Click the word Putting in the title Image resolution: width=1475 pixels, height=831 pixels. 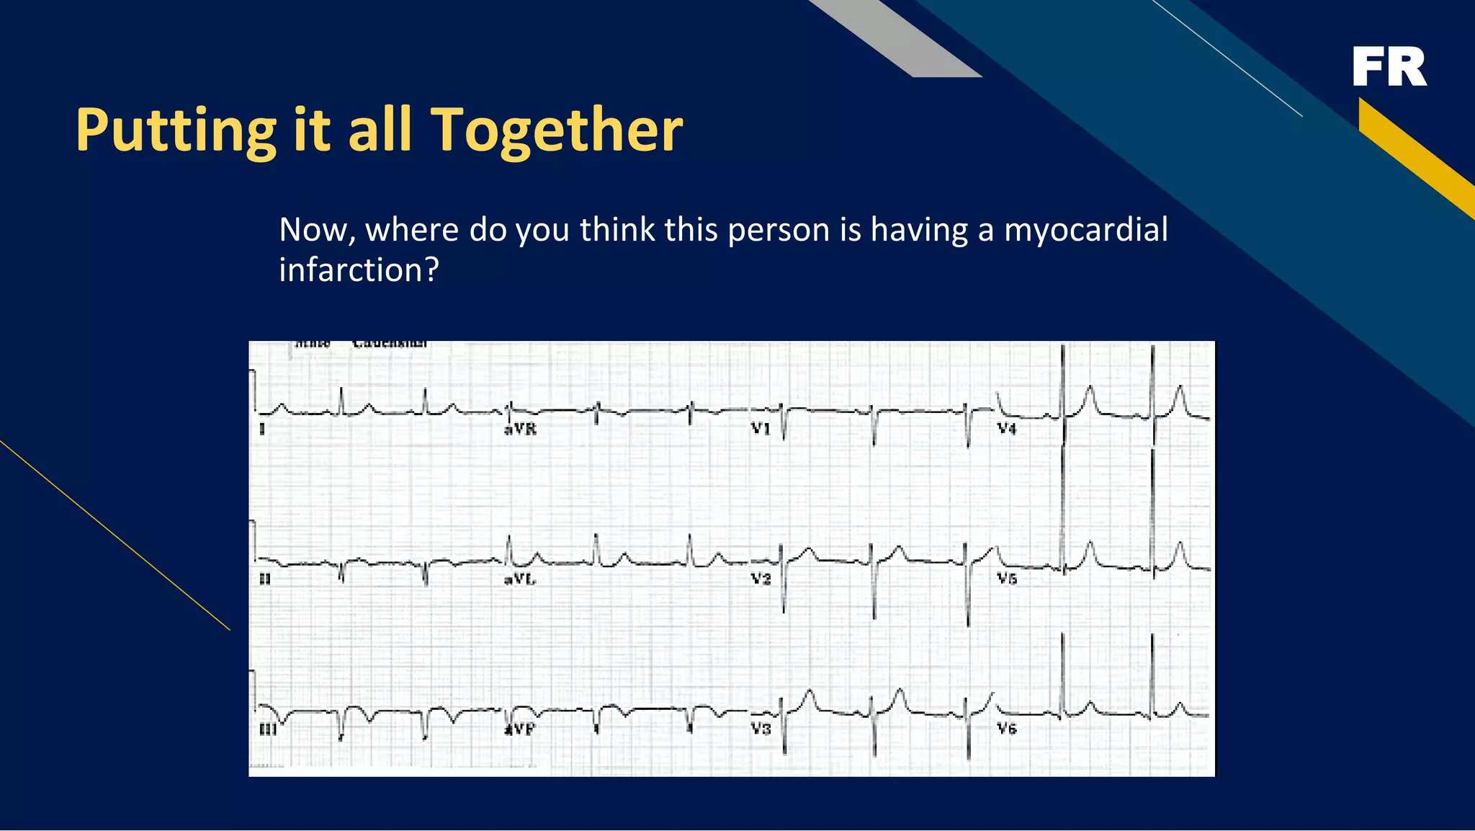(176, 130)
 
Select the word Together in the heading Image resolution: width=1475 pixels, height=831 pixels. (556, 130)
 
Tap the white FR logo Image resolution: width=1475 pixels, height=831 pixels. (1389, 67)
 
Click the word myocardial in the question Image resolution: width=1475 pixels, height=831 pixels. (1085, 230)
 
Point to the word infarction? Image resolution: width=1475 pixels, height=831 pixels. (359, 270)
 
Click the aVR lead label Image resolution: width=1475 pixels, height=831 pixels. (520, 429)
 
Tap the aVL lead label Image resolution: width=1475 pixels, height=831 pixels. (520, 579)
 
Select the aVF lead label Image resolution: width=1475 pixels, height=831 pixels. (520, 729)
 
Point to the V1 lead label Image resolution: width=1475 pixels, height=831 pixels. (761, 429)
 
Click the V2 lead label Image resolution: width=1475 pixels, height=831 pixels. (761, 579)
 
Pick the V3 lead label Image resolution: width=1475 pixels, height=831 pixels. (761, 729)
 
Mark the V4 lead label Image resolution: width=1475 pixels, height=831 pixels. (1007, 429)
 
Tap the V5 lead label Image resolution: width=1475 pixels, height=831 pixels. (1007, 579)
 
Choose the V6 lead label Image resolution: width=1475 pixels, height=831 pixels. (1007, 729)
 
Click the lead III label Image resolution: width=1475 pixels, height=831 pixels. (267, 729)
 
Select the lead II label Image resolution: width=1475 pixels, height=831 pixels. (264, 579)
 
